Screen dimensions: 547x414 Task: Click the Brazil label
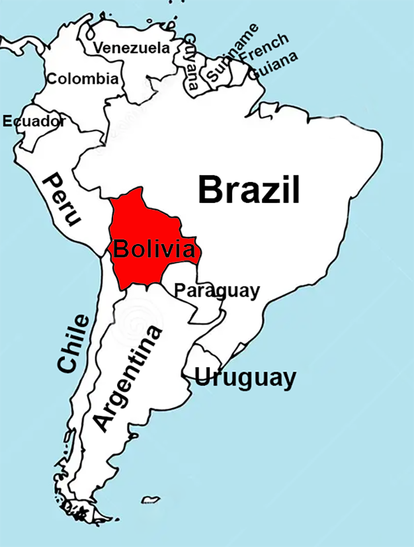point(249,190)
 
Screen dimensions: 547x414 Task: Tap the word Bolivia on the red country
point(154,250)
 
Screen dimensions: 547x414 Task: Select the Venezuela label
point(131,48)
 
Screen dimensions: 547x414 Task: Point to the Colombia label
point(83,79)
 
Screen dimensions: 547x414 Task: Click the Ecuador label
point(34,121)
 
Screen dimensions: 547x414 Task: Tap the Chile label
point(73,344)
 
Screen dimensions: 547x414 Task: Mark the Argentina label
point(127,379)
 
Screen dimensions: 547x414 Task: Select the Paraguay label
point(217,290)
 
